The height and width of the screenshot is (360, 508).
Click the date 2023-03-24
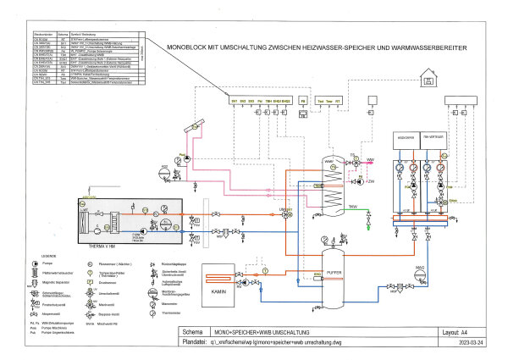[x=469, y=343]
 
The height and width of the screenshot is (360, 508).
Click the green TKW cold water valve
[x=368, y=226]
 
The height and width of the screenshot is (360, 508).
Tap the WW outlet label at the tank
[x=369, y=158]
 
